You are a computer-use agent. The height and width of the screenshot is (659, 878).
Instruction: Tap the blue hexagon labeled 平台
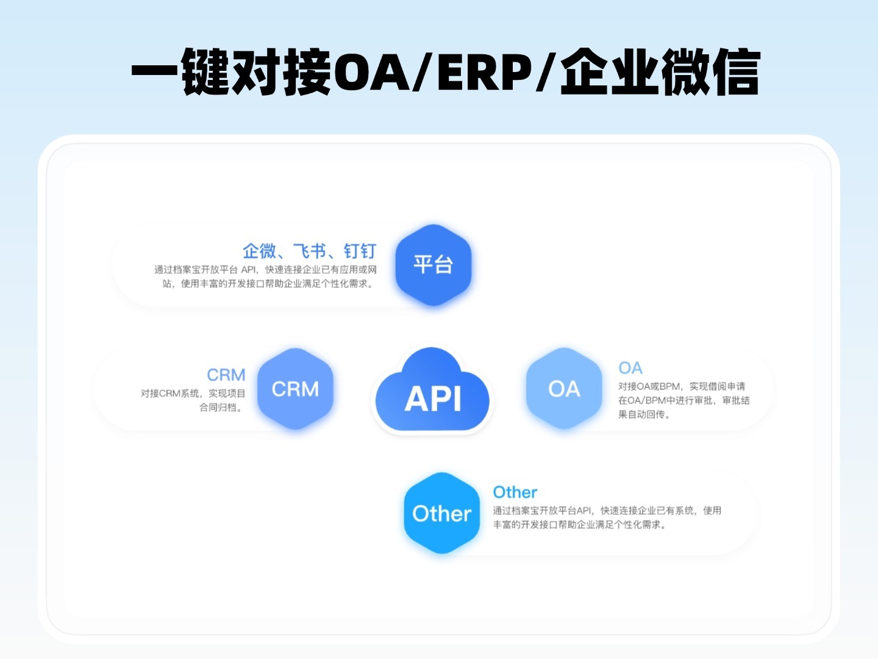tap(434, 265)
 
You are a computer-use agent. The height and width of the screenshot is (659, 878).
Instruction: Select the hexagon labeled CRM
tap(295, 389)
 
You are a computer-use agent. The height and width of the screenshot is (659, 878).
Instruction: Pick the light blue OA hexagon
tap(564, 389)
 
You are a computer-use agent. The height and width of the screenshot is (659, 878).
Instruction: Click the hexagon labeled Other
tap(442, 513)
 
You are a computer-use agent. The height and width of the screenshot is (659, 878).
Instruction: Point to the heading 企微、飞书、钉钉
tap(309, 251)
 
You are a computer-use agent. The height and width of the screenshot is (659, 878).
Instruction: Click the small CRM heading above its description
tap(226, 375)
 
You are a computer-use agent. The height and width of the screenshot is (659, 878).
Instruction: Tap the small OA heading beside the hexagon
tap(630, 368)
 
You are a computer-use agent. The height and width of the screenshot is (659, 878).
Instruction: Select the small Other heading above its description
tap(515, 492)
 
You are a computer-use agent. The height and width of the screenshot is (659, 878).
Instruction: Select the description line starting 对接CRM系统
tap(193, 394)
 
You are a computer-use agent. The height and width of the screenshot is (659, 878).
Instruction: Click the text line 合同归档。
tap(222, 408)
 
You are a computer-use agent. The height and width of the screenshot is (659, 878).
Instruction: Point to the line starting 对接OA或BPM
tap(682, 386)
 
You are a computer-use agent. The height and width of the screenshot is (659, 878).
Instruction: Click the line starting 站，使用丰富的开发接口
tap(268, 284)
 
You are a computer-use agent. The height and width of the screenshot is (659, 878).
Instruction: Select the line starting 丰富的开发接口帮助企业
tap(580, 525)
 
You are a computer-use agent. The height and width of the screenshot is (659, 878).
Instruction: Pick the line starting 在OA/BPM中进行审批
tap(684, 400)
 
